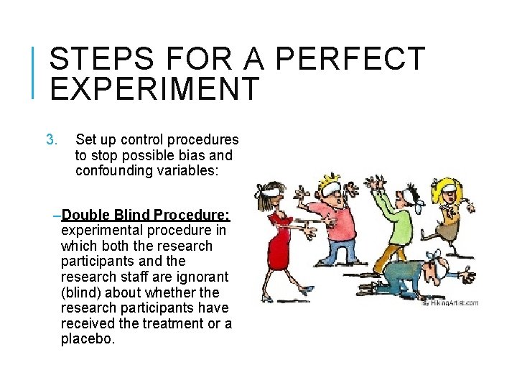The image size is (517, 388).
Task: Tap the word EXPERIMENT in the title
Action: click(154, 90)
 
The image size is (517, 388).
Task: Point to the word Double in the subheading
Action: click(85, 215)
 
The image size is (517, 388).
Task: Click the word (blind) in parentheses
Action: click(80, 292)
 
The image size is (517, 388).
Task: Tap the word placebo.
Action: click(88, 339)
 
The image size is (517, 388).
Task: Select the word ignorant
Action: click(201, 277)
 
